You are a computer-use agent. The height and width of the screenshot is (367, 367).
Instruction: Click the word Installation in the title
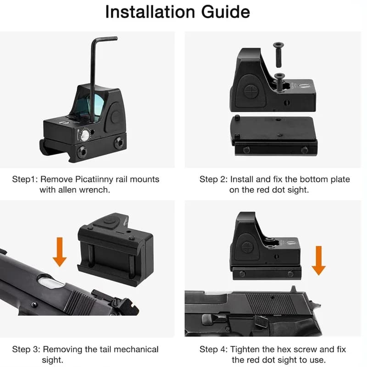(150, 12)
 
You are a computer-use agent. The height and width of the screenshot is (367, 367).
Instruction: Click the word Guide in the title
(226, 12)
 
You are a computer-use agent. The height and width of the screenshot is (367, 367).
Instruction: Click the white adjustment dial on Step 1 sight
(85, 135)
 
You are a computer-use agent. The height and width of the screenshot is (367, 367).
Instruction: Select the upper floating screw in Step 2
(278, 55)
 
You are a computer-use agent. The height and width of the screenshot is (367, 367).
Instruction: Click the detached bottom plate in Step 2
(274, 135)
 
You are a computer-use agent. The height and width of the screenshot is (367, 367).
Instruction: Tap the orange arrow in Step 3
(60, 252)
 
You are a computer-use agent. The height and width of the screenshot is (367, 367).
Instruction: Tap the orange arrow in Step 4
(318, 260)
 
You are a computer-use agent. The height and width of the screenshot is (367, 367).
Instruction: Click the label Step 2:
(213, 179)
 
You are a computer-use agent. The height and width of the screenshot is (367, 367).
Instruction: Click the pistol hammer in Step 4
(315, 305)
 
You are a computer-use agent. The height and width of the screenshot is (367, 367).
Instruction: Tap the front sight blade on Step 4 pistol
(293, 289)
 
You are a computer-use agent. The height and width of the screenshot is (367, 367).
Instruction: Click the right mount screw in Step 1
(119, 143)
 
